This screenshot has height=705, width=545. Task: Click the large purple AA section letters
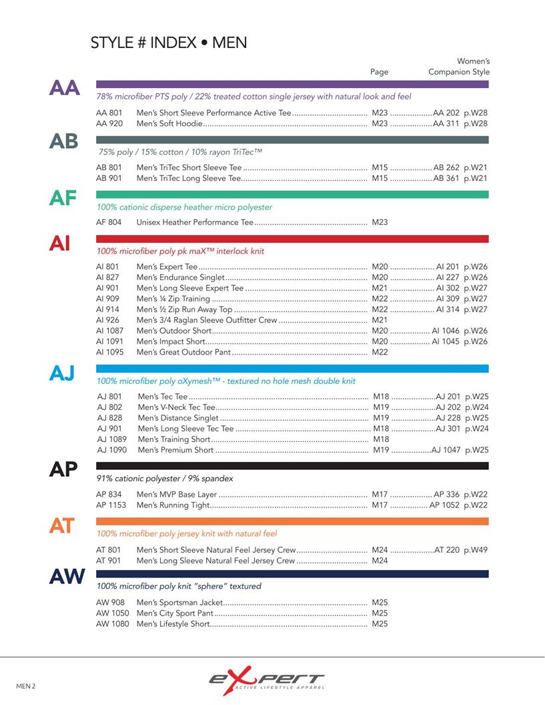point(64,87)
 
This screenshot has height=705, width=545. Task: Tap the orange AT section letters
point(61,526)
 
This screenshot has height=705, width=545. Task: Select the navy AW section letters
point(67,576)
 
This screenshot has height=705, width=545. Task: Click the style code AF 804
point(109,222)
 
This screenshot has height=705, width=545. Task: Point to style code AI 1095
point(109,352)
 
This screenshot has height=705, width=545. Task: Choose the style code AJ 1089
point(111,439)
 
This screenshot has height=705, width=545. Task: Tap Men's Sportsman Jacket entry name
point(179,602)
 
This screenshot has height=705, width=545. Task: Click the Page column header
point(379,71)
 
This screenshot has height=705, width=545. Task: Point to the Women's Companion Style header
point(459,67)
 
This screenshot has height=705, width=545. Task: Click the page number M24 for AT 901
point(380,561)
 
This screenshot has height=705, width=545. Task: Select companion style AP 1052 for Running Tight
point(444,505)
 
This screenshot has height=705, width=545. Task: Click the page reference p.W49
point(476,550)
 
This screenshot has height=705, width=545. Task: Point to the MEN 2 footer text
point(26,686)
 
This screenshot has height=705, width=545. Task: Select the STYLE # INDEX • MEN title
point(169,43)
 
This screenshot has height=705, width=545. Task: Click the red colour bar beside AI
point(292,238)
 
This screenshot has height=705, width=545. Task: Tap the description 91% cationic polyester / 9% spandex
point(165,479)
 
